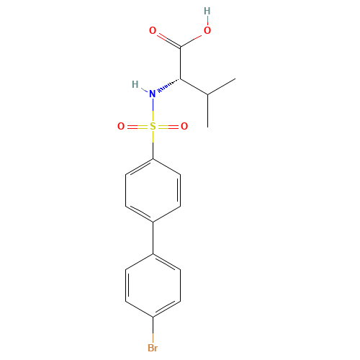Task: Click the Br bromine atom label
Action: click(153, 348)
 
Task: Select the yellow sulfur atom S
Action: click(153, 127)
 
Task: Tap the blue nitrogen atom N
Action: click(152, 94)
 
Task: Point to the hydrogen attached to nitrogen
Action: click(135, 84)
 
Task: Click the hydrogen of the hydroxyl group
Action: click(207, 11)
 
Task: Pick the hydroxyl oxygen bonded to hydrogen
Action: click(207, 30)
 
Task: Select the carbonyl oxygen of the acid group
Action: click(153, 30)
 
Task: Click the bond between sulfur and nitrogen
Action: click(153, 110)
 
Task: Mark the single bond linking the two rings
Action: click(153, 238)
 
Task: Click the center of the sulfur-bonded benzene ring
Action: click(153, 190)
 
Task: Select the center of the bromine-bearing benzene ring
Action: click(153, 285)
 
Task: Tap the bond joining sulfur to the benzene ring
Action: click(153, 143)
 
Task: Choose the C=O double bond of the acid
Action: click(166, 38)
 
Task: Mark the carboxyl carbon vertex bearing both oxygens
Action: click(180, 46)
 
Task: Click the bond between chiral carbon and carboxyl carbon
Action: click(180, 63)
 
